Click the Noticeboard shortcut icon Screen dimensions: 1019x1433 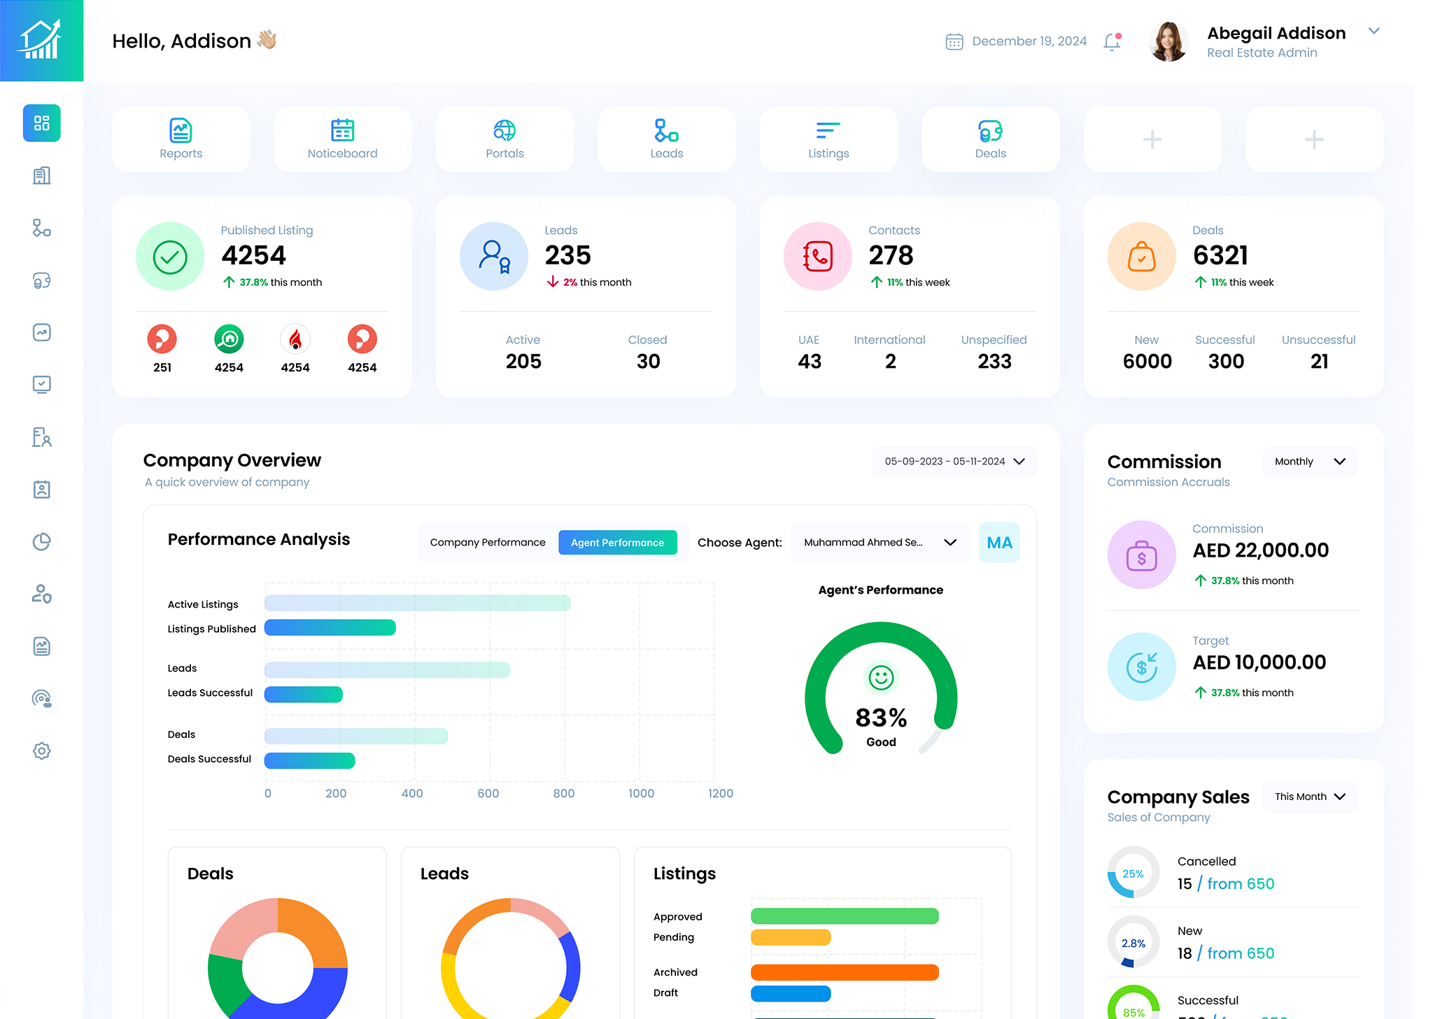pos(342,130)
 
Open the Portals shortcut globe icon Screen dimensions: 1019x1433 pos(504,130)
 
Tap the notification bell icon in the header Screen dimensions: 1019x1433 pos(1112,42)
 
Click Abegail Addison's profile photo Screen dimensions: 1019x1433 pos(1168,42)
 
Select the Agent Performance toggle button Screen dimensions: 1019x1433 pos(617,543)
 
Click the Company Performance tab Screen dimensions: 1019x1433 pos(487,543)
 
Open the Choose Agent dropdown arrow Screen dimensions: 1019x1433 pos(950,543)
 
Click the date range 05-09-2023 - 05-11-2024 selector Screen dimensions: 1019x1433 pos(954,462)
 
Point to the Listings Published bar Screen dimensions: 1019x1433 pos(330,628)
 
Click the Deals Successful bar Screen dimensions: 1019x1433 pos(309,760)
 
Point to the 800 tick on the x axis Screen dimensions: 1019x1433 pos(563,793)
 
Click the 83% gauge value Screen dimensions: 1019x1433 pos(881,718)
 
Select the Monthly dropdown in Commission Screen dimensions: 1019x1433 pos(1309,462)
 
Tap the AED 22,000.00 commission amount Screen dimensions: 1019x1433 pos(1260,550)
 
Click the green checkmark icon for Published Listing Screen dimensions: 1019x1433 pos(170,257)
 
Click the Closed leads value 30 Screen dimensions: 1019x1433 pos(648,362)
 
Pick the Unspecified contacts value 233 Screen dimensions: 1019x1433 pos(994,362)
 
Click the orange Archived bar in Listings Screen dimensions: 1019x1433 pos(844,973)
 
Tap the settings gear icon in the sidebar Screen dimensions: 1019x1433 pos(42,751)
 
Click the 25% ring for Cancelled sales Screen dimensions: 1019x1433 pos(1133,874)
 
